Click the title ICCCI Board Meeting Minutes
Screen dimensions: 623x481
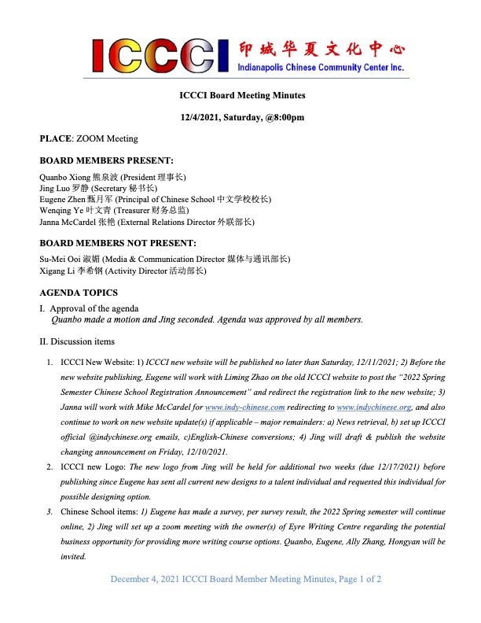(240, 96)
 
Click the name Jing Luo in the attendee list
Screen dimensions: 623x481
(57, 189)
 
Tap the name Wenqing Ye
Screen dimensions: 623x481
(61, 211)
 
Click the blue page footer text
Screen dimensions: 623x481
(246, 601)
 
